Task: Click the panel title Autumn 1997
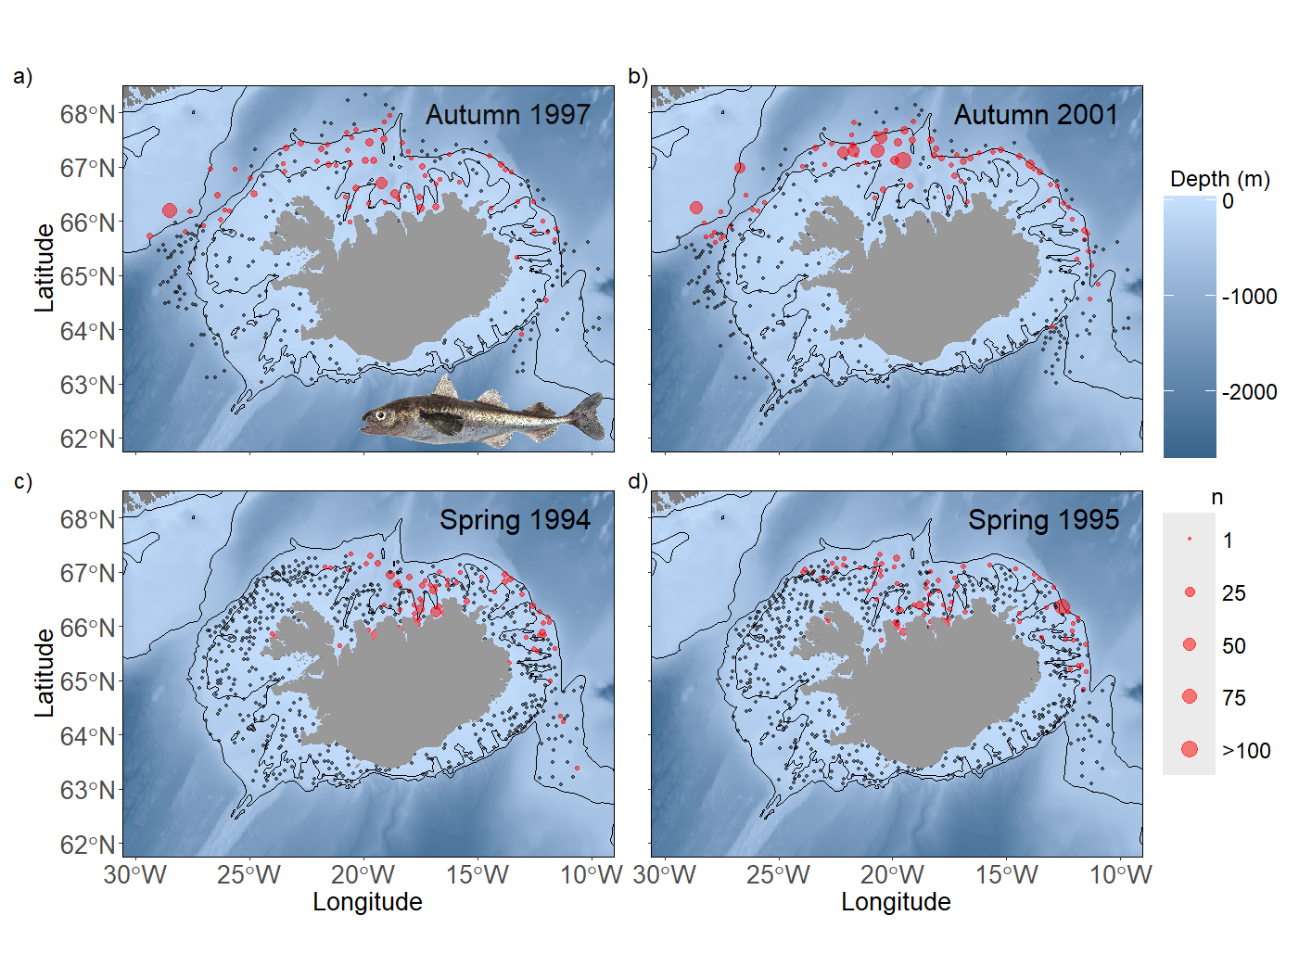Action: pyautogui.click(x=507, y=115)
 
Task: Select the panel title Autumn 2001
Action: pyautogui.click(x=1036, y=115)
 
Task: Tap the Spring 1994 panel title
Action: pyautogui.click(x=515, y=520)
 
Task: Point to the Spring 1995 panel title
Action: pyautogui.click(x=1043, y=520)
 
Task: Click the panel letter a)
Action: pyautogui.click(x=22, y=77)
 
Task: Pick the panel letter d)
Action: pyautogui.click(x=638, y=481)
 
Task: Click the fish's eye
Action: pyautogui.click(x=381, y=415)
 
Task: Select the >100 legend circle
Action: pyautogui.click(x=1190, y=749)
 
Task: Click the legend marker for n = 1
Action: pyautogui.click(x=1190, y=540)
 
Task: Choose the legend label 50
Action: pyautogui.click(x=1233, y=646)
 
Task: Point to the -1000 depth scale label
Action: pyautogui.click(x=1249, y=297)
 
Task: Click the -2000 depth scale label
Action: pyautogui.click(x=1249, y=392)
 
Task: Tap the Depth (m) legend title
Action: pyautogui.click(x=1219, y=179)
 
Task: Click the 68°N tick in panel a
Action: pyautogui.click(x=87, y=115)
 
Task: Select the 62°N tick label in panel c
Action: pyautogui.click(x=87, y=845)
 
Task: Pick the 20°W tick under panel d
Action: pyautogui.click(x=892, y=875)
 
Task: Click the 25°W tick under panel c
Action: pyautogui.click(x=248, y=875)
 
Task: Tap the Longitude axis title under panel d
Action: pyautogui.click(x=896, y=902)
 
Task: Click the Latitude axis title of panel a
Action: pyautogui.click(x=45, y=268)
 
